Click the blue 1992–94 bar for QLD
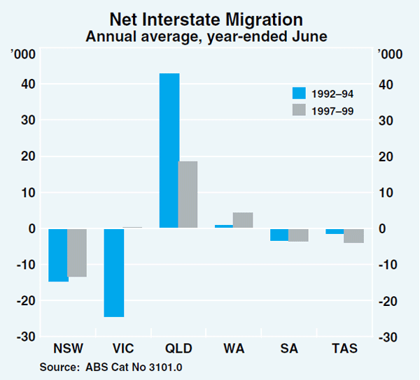tap(169, 150)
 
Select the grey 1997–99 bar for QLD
tap(188, 194)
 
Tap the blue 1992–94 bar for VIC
tap(113, 272)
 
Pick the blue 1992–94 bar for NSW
tap(58, 255)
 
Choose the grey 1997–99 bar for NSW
tap(76, 252)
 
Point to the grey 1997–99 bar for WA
tap(242, 220)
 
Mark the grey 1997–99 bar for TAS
tap(354, 235)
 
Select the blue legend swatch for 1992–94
tap(300, 93)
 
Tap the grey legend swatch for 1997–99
tap(300, 109)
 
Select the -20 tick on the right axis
tap(386, 301)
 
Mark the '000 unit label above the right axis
tap(390, 55)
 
